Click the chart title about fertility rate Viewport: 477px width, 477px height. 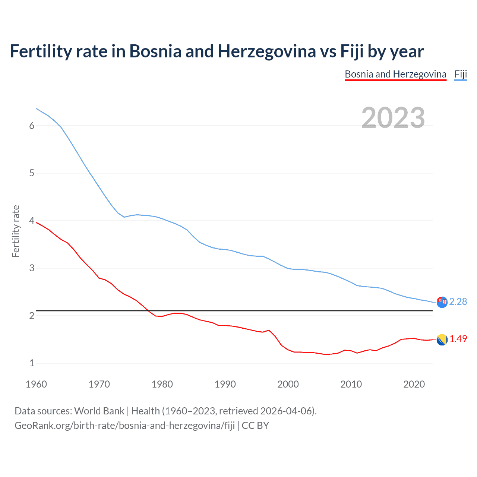pyautogui.click(x=217, y=51)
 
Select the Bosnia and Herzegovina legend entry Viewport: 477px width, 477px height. pyautogui.click(x=395, y=74)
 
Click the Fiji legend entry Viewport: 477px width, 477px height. pyautogui.click(x=461, y=74)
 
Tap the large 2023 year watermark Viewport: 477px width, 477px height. pyautogui.click(x=393, y=118)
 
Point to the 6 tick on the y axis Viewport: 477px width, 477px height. pyautogui.click(x=32, y=126)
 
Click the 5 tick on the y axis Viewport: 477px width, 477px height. pyautogui.click(x=32, y=173)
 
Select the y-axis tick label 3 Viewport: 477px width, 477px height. pyautogui.click(x=32, y=268)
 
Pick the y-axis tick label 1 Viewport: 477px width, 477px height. pyautogui.click(x=32, y=363)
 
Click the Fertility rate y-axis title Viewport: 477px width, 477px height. pyautogui.click(x=16, y=231)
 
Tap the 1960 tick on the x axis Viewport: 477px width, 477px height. pyautogui.click(x=36, y=384)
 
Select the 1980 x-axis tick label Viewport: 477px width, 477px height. pyautogui.click(x=162, y=384)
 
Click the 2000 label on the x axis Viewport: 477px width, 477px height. pyautogui.click(x=288, y=384)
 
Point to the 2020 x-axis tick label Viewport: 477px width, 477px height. pyautogui.click(x=414, y=384)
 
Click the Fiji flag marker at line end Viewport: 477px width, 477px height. pyautogui.click(x=442, y=302)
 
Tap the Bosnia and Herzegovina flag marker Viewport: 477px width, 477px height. pyautogui.click(x=442, y=339)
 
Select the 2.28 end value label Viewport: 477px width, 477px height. pyautogui.click(x=458, y=301)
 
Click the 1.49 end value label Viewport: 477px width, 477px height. pyautogui.click(x=458, y=339)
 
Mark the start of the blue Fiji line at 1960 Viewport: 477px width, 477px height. pyautogui.click(x=36, y=108)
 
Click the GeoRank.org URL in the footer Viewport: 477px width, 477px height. pyautogui.click(x=124, y=426)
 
